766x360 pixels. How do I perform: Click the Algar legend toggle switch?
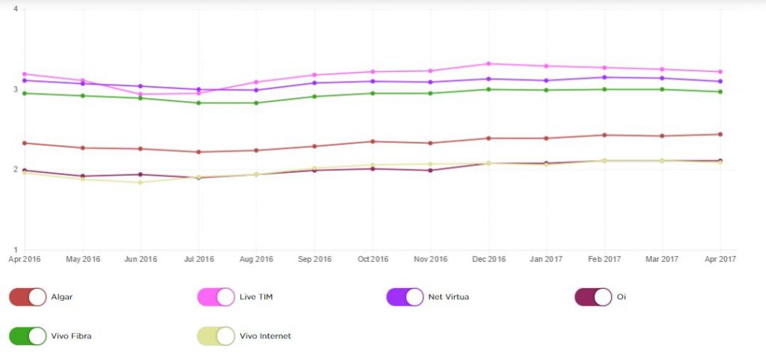(x=28, y=297)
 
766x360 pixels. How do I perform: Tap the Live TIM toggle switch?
(x=215, y=297)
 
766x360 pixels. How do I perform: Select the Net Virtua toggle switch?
(x=405, y=297)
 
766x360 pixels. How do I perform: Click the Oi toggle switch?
(x=592, y=297)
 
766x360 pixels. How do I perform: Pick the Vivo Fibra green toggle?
(x=28, y=336)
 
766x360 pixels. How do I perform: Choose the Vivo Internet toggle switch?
(x=215, y=336)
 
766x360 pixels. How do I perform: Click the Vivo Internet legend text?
(x=266, y=336)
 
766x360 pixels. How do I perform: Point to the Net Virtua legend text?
(x=448, y=297)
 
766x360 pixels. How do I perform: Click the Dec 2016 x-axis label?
(x=488, y=259)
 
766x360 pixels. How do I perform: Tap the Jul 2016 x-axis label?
(x=198, y=259)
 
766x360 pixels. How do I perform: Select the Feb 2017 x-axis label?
(x=604, y=259)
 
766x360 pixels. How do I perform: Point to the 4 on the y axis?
(x=16, y=10)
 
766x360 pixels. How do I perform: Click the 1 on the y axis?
(x=16, y=249)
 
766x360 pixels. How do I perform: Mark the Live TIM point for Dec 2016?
(x=488, y=64)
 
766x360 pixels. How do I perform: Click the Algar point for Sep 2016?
(x=314, y=146)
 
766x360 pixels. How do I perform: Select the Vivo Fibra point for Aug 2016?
(x=257, y=103)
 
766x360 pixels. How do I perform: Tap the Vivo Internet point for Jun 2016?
(x=141, y=183)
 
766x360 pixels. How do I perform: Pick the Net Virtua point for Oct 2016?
(x=373, y=82)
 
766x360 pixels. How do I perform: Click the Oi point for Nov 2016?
(x=430, y=170)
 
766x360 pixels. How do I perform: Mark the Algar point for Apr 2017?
(x=720, y=135)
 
